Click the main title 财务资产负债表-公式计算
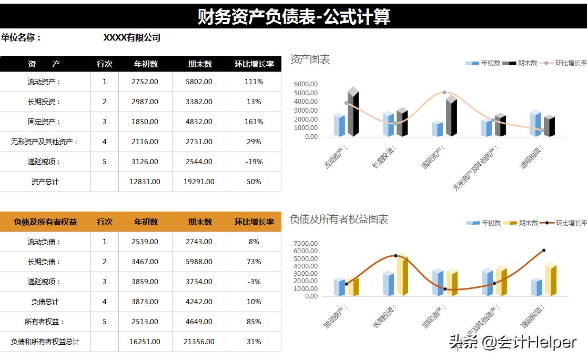pyautogui.click(x=293, y=16)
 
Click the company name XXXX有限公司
pyautogui.click(x=132, y=37)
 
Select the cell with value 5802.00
pyautogui.click(x=200, y=82)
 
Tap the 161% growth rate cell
pyautogui.click(x=254, y=122)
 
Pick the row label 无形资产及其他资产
pyautogui.click(x=45, y=142)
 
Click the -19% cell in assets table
pyautogui.click(x=254, y=162)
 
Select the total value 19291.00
pyautogui.click(x=200, y=182)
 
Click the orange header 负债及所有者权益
pyautogui.click(x=45, y=222)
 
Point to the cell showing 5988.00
pyautogui.click(x=200, y=262)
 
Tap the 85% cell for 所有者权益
pyautogui.click(x=254, y=322)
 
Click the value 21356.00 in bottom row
pyautogui.click(x=200, y=342)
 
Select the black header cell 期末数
pyautogui.click(x=200, y=64)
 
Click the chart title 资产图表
pyautogui.click(x=310, y=59)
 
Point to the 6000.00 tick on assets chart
pyautogui.click(x=306, y=84)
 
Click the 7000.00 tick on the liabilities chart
pyautogui.click(x=306, y=244)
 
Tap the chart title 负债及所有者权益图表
pyautogui.click(x=339, y=219)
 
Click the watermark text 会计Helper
pyautogui.click(x=536, y=343)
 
